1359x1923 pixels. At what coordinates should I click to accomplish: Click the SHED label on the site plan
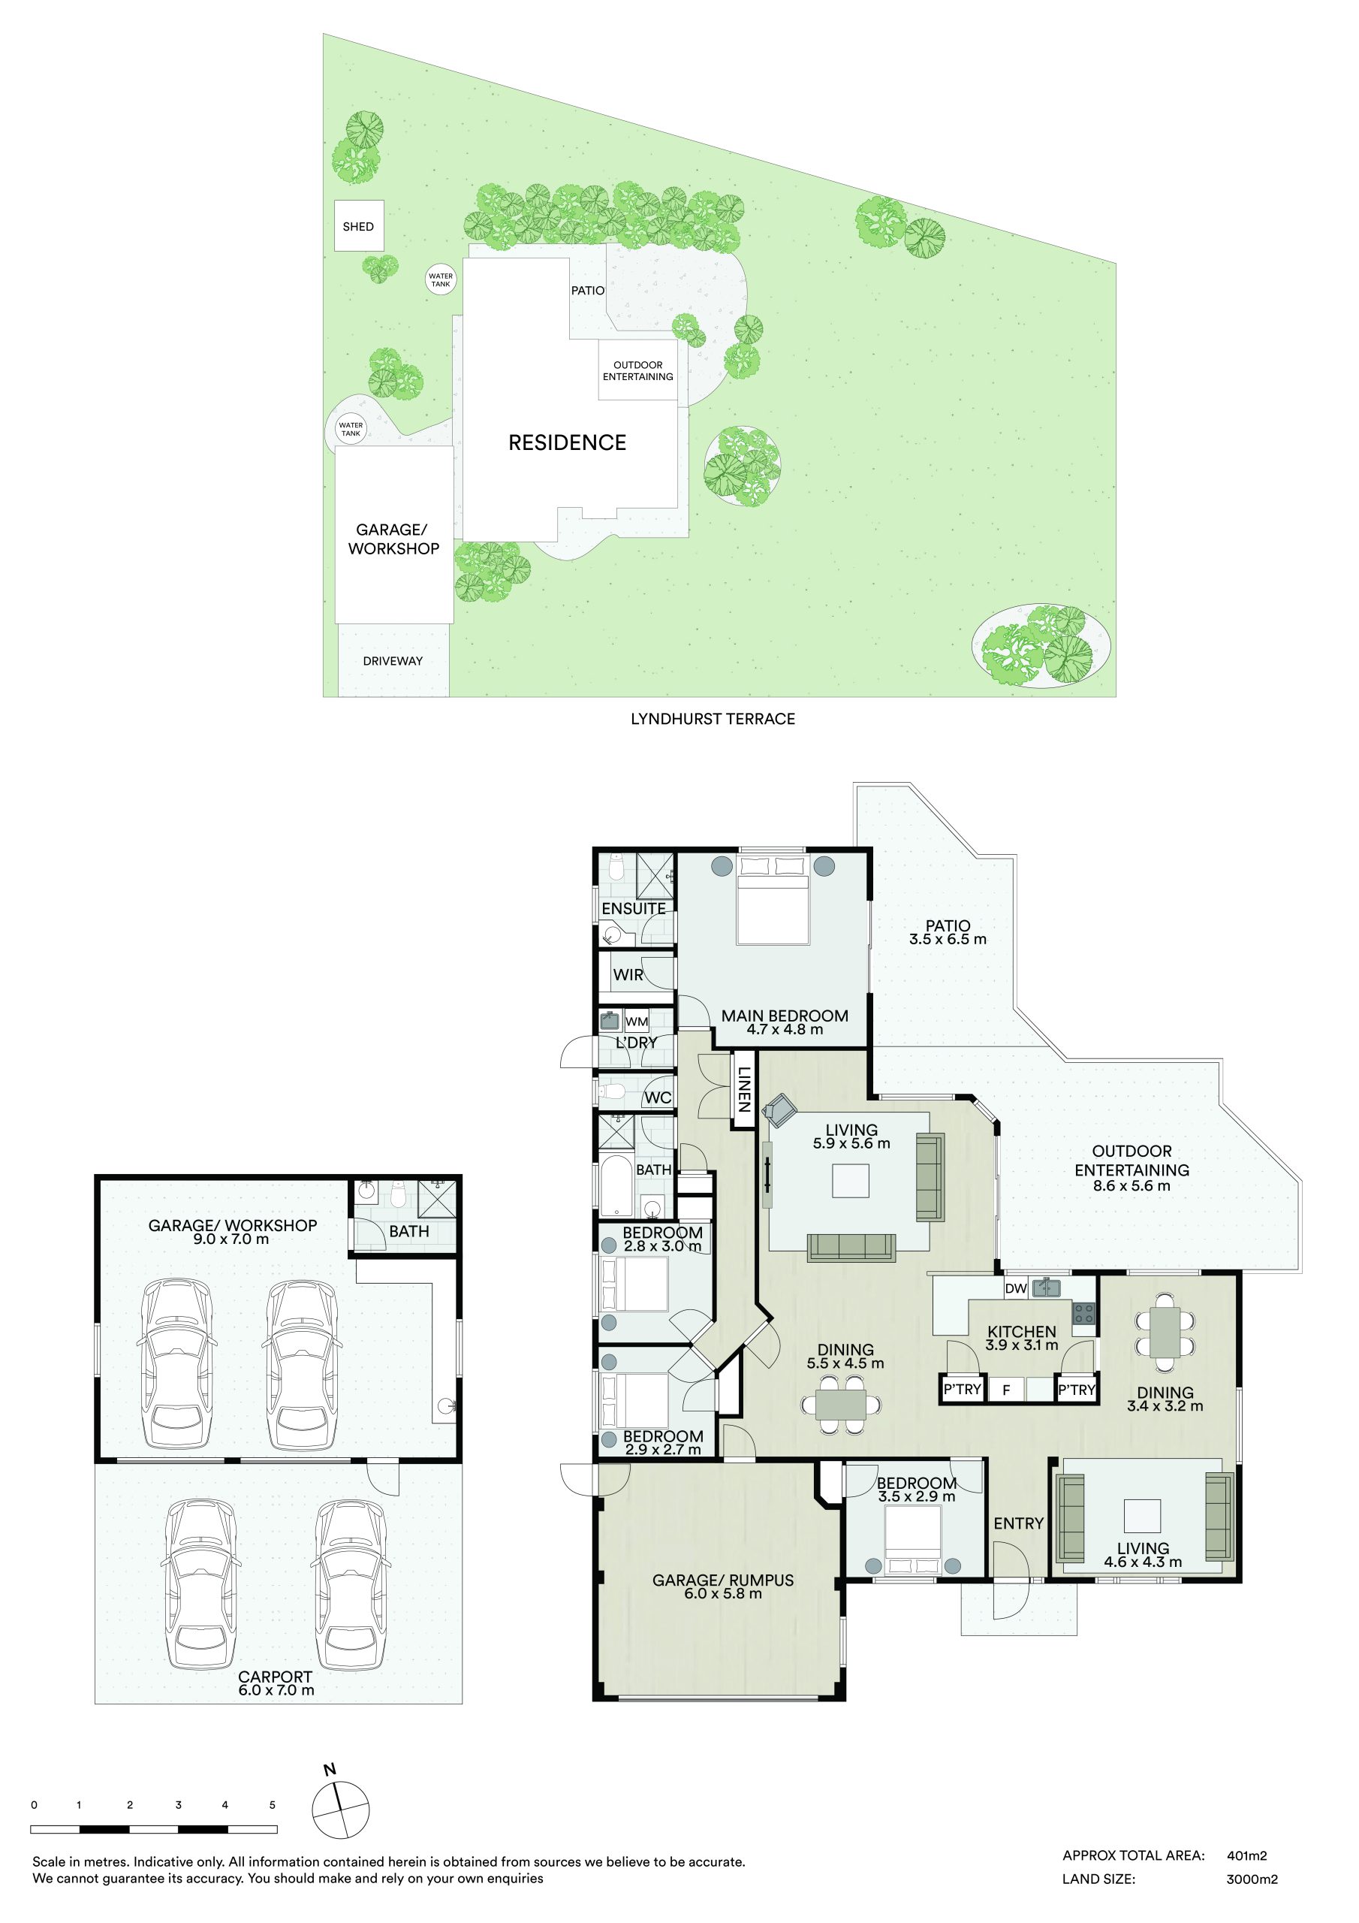pyautogui.click(x=357, y=226)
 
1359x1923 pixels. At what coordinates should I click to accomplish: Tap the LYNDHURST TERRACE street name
pyautogui.click(x=713, y=719)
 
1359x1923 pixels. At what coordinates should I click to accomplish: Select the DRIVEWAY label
pyautogui.click(x=393, y=661)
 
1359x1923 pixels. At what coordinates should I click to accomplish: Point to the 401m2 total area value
pyautogui.click(x=1247, y=1855)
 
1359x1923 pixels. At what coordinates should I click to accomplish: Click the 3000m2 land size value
pyautogui.click(x=1252, y=1879)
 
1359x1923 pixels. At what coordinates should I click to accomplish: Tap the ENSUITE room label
pyautogui.click(x=634, y=909)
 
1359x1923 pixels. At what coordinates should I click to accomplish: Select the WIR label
pyautogui.click(x=628, y=975)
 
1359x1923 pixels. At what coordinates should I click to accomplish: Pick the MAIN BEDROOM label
pyautogui.click(x=785, y=1016)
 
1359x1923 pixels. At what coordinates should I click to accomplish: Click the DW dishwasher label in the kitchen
pyautogui.click(x=1016, y=1289)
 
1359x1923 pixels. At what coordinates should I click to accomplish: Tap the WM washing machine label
pyautogui.click(x=637, y=1022)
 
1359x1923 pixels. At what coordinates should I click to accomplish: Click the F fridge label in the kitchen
pyautogui.click(x=1006, y=1390)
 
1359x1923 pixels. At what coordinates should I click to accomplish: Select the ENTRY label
pyautogui.click(x=1018, y=1523)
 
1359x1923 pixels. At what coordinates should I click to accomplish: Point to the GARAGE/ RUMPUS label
pyautogui.click(x=722, y=1580)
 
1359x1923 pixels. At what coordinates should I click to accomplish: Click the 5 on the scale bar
pyautogui.click(x=272, y=1805)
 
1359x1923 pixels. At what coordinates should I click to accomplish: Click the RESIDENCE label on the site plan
pyautogui.click(x=567, y=442)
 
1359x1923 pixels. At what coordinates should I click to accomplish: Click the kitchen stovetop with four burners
pyautogui.click(x=1083, y=1313)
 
